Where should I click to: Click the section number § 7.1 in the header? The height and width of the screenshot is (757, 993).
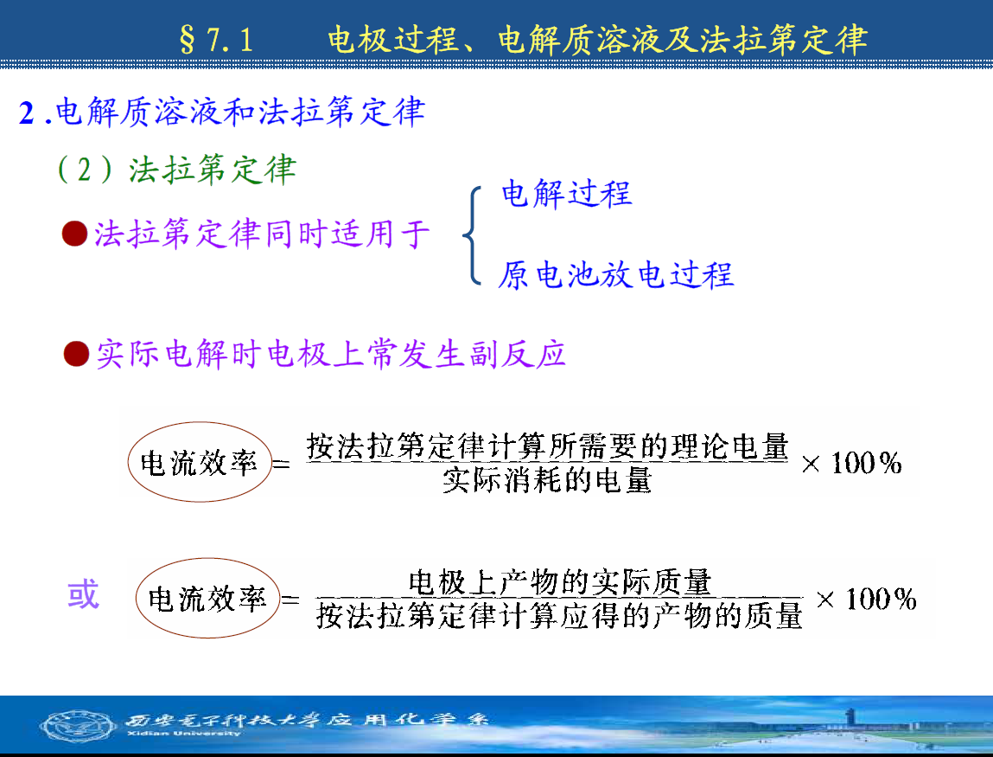(216, 40)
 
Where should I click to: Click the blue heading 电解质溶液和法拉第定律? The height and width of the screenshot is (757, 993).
(240, 112)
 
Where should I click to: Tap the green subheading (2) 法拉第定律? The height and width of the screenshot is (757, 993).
(176, 170)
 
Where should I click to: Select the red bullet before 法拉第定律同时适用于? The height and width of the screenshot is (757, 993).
(74, 234)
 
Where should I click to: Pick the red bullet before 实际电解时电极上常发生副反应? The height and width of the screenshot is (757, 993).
(77, 354)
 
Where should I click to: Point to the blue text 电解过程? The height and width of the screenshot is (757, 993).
(567, 194)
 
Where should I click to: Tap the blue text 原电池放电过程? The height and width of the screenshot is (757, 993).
(615, 275)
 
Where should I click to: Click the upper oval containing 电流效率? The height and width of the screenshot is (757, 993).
(200, 423)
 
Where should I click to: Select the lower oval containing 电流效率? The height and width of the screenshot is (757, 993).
(207, 559)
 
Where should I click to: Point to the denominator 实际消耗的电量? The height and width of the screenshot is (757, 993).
(547, 480)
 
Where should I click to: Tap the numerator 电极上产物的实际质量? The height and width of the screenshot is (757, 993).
(560, 582)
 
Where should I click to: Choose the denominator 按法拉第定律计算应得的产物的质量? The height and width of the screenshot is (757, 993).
(560, 616)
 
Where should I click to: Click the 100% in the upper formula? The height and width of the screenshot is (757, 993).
(866, 463)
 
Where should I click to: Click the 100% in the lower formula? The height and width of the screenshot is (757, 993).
(881, 600)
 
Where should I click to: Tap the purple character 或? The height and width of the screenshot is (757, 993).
(84, 594)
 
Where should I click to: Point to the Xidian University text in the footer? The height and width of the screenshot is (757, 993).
(184, 734)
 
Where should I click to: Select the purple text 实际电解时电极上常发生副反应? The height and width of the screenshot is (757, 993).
(331, 354)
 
